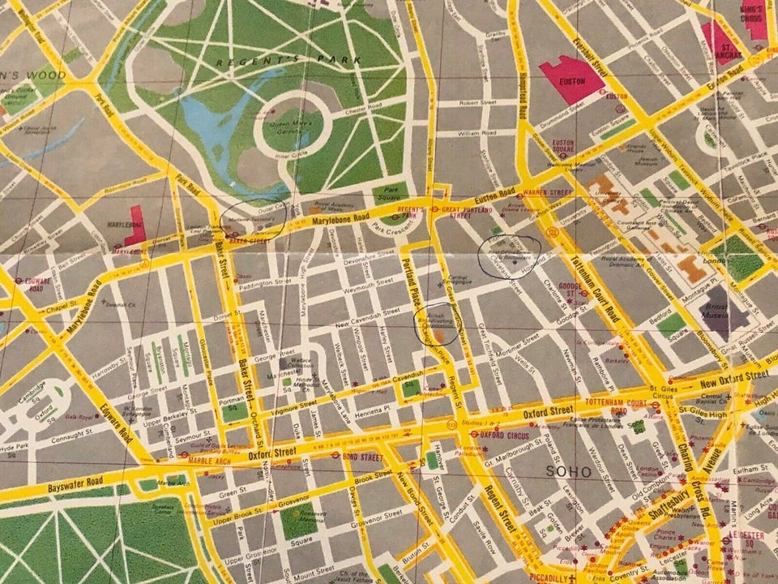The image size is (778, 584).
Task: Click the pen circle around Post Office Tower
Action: pyautogui.click(x=509, y=255)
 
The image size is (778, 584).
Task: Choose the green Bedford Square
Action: pyautogui.click(x=669, y=326)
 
